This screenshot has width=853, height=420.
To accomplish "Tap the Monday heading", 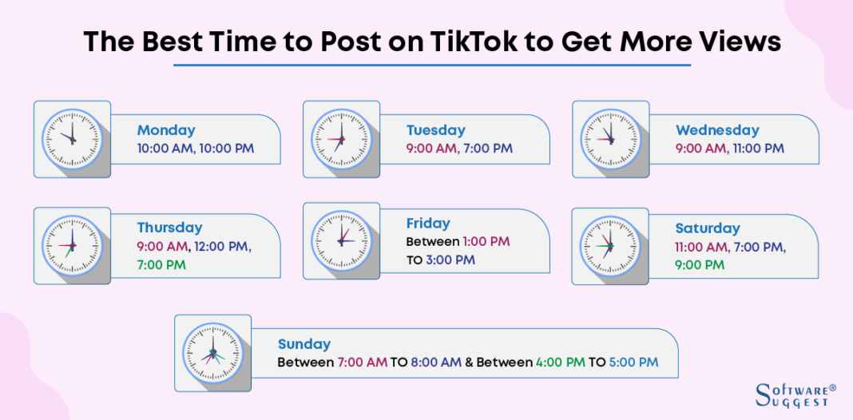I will [x=166, y=130].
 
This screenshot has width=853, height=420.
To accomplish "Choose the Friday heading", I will [x=428, y=224].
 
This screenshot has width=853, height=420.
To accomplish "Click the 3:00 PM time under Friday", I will [x=450, y=260].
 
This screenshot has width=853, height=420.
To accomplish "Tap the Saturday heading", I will [x=708, y=228].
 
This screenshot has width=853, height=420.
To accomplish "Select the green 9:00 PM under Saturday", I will [x=700, y=264].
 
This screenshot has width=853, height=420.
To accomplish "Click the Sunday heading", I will [x=304, y=344].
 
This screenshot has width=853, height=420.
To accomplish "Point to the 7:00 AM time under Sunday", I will [x=362, y=363].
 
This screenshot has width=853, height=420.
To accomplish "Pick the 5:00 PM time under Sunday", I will [x=633, y=363].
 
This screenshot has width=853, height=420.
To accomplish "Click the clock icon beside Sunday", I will [x=212, y=352].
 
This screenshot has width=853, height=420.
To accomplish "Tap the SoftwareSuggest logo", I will [x=795, y=394].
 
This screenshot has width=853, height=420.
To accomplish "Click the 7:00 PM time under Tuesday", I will [x=487, y=149].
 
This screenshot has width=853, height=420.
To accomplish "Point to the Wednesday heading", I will [x=717, y=130].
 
